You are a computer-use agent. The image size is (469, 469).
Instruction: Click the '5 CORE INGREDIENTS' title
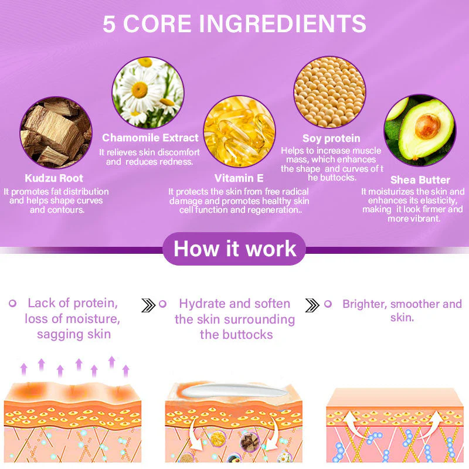(x=234, y=23)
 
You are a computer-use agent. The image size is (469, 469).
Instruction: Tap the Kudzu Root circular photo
(x=56, y=132)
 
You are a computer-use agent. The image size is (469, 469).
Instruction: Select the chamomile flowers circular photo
(x=148, y=93)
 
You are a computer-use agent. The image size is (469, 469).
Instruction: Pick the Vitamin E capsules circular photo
(x=240, y=131)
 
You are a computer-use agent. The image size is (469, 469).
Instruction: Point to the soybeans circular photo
(x=329, y=92)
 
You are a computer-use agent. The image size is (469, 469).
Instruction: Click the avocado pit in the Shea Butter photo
(x=427, y=127)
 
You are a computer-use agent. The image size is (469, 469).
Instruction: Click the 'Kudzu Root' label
(x=54, y=178)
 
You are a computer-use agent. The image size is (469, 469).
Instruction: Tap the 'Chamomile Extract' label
(x=150, y=138)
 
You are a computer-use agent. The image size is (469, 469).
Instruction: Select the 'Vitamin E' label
(x=239, y=178)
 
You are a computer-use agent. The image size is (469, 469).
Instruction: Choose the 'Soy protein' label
(x=331, y=138)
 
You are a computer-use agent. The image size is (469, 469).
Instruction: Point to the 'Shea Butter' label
(x=420, y=180)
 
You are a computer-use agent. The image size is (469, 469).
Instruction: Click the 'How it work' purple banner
(x=235, y=249)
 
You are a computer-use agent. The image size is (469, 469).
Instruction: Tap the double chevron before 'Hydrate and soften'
(x=148, y=305)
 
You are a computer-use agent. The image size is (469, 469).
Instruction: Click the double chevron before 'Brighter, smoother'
(x=312, y=305)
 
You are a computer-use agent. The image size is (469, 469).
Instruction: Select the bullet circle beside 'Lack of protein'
(x=12, y=303)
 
